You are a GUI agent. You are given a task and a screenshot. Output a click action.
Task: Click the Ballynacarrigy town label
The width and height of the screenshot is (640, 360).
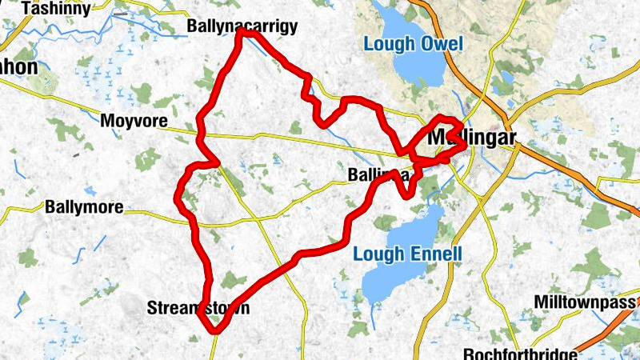[242, 26]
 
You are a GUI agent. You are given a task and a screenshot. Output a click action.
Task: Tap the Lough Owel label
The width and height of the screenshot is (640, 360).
[413, 43]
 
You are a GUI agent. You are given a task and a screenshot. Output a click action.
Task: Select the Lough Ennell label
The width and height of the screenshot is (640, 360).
[407, 255]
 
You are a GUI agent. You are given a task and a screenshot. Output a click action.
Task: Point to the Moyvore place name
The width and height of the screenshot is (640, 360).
[134, 122]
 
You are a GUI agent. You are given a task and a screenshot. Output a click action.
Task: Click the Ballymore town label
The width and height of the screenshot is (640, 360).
[84, 207]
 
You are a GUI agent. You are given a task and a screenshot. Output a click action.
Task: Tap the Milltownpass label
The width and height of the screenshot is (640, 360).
[585, 302]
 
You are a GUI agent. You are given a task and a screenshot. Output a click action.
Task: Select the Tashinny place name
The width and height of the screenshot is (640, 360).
[55, 8]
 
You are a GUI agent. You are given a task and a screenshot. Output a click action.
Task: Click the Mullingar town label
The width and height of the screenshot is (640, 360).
[472, 137]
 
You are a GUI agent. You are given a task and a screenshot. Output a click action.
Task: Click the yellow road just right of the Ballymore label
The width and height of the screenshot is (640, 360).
[144, 213]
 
